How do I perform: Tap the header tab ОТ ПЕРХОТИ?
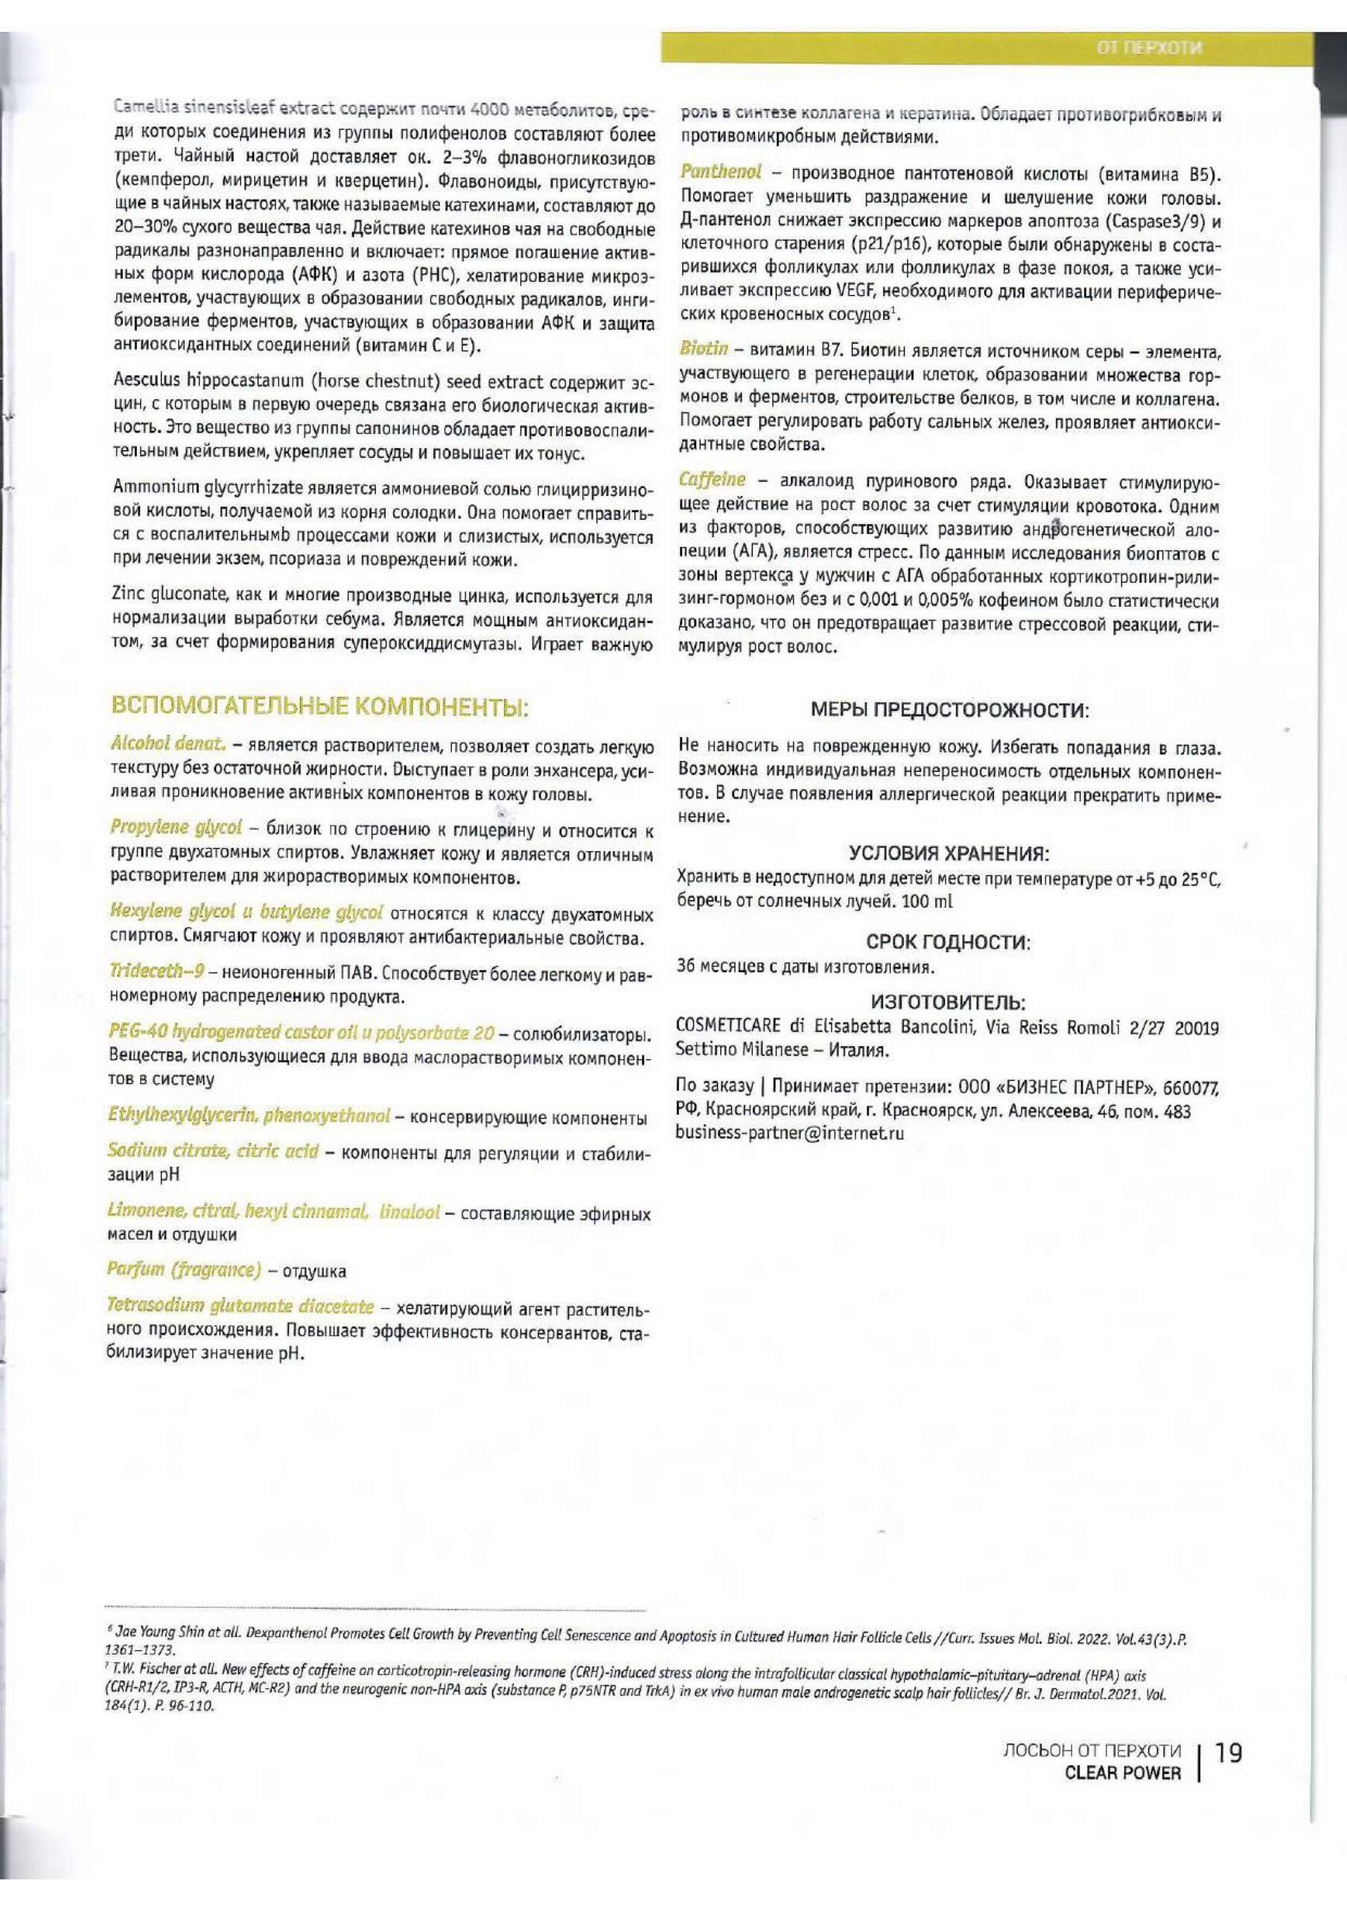click(1150, 48)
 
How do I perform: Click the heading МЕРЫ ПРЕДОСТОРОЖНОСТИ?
click(949, 710)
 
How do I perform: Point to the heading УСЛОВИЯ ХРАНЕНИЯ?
click(949, 854)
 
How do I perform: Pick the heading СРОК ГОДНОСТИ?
click(949, 943)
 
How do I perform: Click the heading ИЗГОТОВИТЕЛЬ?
click(949, 1003)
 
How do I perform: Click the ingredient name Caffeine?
click(712, 479)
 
